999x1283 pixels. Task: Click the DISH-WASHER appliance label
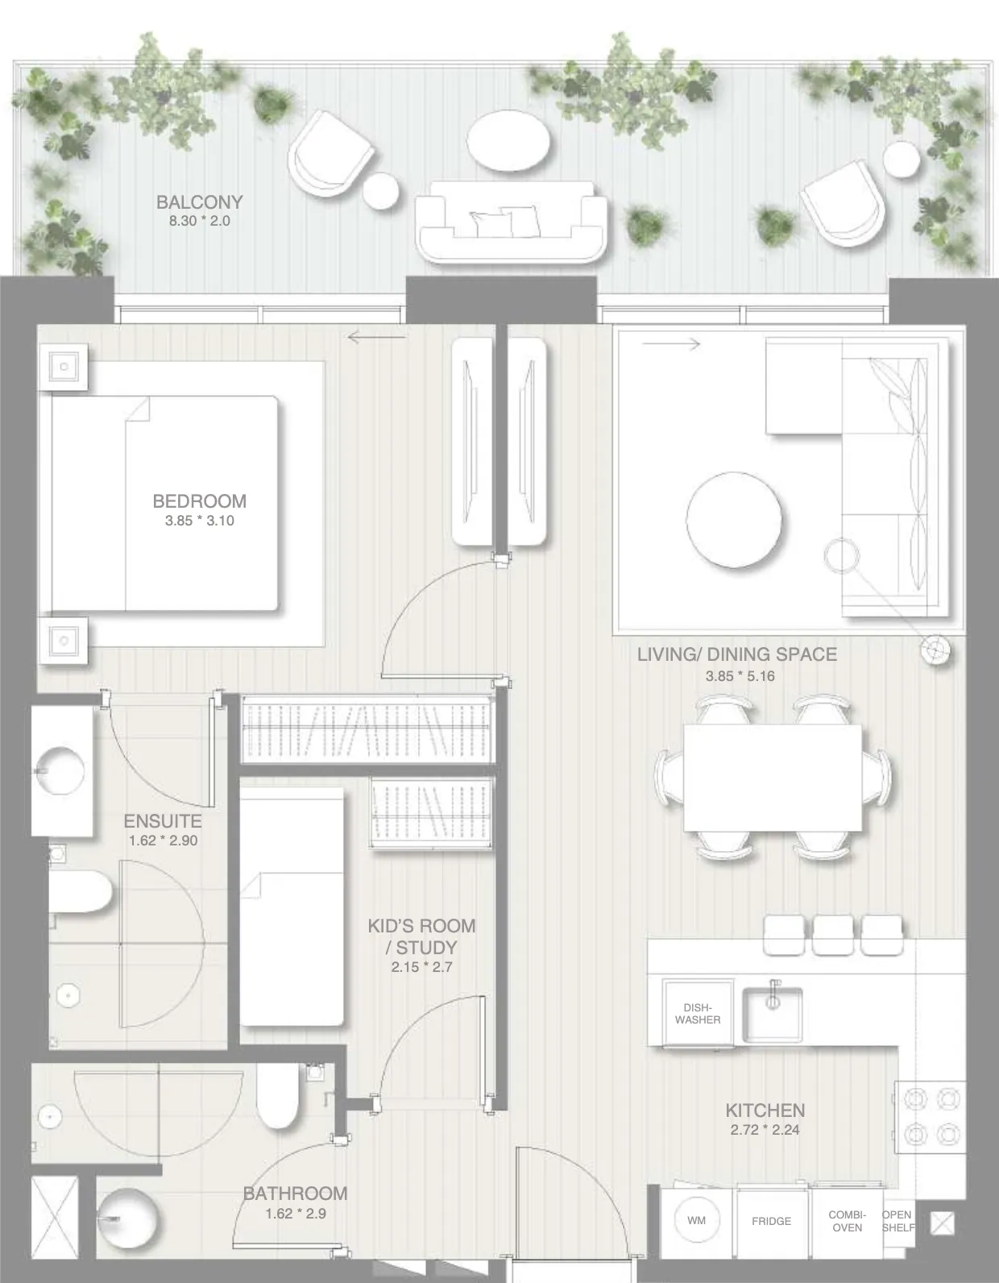tap(698, 1013)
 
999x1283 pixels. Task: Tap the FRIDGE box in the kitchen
tap(771, 1221)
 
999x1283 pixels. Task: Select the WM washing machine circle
tap(696, 1221)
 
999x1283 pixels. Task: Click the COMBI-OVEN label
tap(848, 1221)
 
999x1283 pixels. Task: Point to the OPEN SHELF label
tap(897, 1221)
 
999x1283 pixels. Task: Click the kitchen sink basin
tap(772, 1015)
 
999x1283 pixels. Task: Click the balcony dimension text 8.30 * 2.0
tap(199, 221)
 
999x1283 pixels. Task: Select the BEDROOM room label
tap(199, 500)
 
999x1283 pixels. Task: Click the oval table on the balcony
tap(509, 141)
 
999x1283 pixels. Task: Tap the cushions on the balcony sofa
tap(505, 222)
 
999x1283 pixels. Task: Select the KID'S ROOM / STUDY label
tap(421, 936)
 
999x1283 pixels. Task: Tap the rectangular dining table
tap(772, 778)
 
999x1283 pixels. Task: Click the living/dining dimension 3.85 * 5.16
tap(740, 676)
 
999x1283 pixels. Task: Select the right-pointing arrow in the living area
tap(671, 344)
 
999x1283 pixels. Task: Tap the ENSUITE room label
tap(162, 821)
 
